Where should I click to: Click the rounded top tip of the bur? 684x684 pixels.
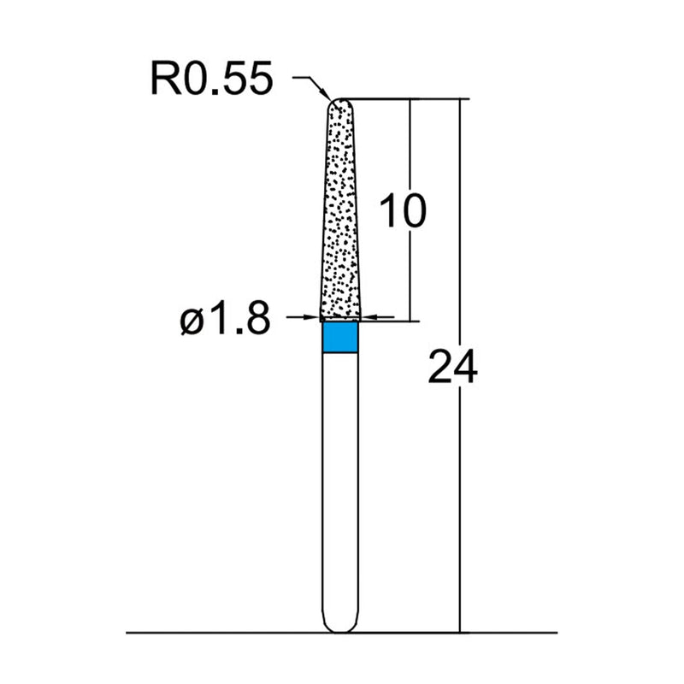[x=341, y=103]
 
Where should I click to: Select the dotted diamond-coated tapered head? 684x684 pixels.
[x=341, y=214]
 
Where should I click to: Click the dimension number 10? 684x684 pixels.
[x=402, y=210]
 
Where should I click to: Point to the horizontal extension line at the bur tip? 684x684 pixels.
[x=402, y=99]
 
